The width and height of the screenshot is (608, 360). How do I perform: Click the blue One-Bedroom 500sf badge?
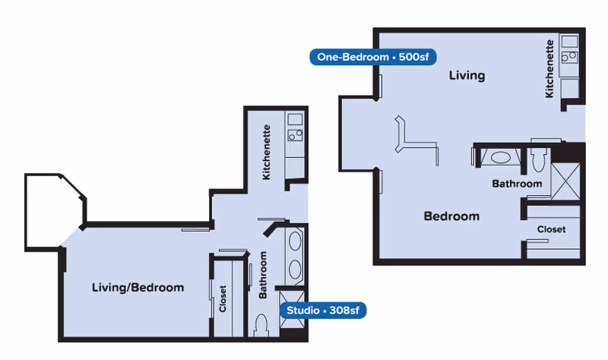click(x=372, y=57)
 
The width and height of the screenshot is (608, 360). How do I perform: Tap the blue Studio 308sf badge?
click(x=322, y=311)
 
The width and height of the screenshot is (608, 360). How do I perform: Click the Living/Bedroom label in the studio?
click(x=138, y=288)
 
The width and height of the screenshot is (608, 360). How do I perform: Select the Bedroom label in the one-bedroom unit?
click(x=451, y=216)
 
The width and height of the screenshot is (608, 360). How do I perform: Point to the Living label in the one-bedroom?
click(x=467, y=75)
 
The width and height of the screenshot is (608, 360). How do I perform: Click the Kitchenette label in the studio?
click(x=266, y=153)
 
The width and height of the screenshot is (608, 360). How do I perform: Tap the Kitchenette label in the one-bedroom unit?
click(x=549, y=68)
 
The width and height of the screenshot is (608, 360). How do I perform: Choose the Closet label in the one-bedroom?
click(x=551, y=229)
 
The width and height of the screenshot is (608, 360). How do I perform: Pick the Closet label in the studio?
click(x=223, y=298)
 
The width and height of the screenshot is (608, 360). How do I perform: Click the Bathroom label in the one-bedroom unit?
click(x=517, y=184)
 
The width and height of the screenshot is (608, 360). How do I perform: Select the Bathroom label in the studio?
click(x=263, y=275)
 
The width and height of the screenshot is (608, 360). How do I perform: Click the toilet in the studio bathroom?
click(x=261, y=326)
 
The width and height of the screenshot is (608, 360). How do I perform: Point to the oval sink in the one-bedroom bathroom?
click(x=501, y=158)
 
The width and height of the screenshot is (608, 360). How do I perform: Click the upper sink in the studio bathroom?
click(x=295, y=242)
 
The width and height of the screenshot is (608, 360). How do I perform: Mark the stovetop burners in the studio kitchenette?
click(x=295, y=135)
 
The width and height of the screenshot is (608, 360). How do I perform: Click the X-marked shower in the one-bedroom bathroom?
click(x=565, y=182)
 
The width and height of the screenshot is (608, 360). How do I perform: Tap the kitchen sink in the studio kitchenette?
click(x=295, y=119)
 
